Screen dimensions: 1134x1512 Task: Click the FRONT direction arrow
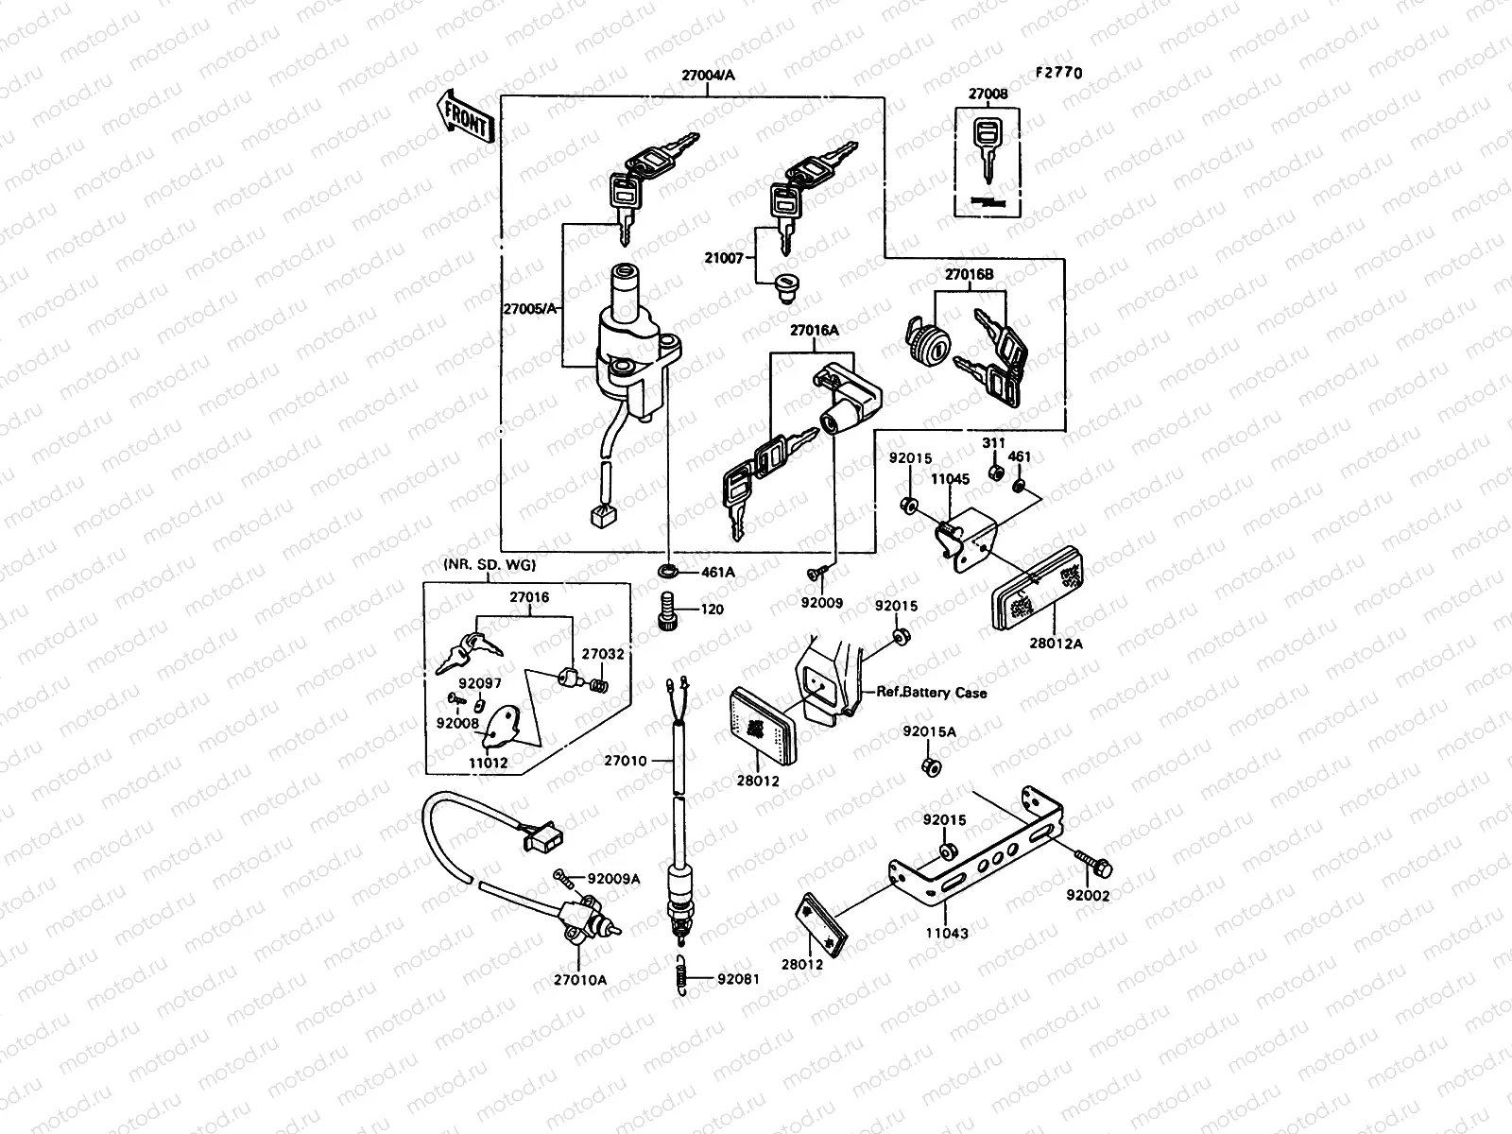click(464, 117)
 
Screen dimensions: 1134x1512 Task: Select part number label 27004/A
click(693, 81)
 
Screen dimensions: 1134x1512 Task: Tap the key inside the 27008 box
click(988, 150)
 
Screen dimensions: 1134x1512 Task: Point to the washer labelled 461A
click(667, 572)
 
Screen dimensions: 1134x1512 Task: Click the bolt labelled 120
click(665, 610)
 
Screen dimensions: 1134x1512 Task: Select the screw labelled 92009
click(817, 573)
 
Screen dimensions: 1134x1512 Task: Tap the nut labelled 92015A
click(930, 766)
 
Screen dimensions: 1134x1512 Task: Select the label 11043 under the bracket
click(947, 933)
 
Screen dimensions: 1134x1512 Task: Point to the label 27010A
click(580, 980)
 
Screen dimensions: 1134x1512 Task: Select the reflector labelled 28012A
click(1036, 592)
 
